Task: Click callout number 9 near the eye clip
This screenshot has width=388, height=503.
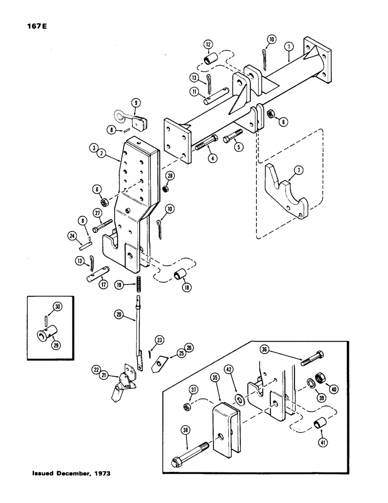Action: pos(135,105)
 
